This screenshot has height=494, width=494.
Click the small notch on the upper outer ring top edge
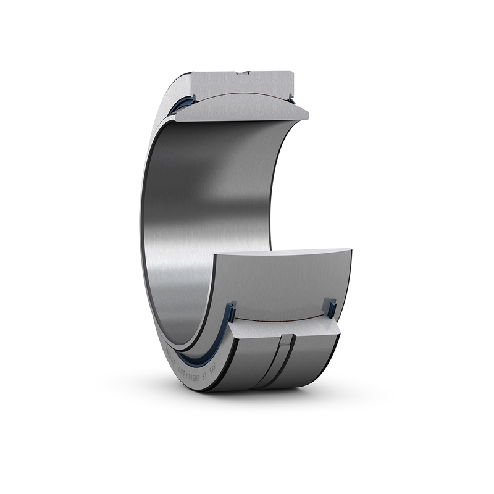243,74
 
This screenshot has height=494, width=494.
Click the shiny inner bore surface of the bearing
204,216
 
